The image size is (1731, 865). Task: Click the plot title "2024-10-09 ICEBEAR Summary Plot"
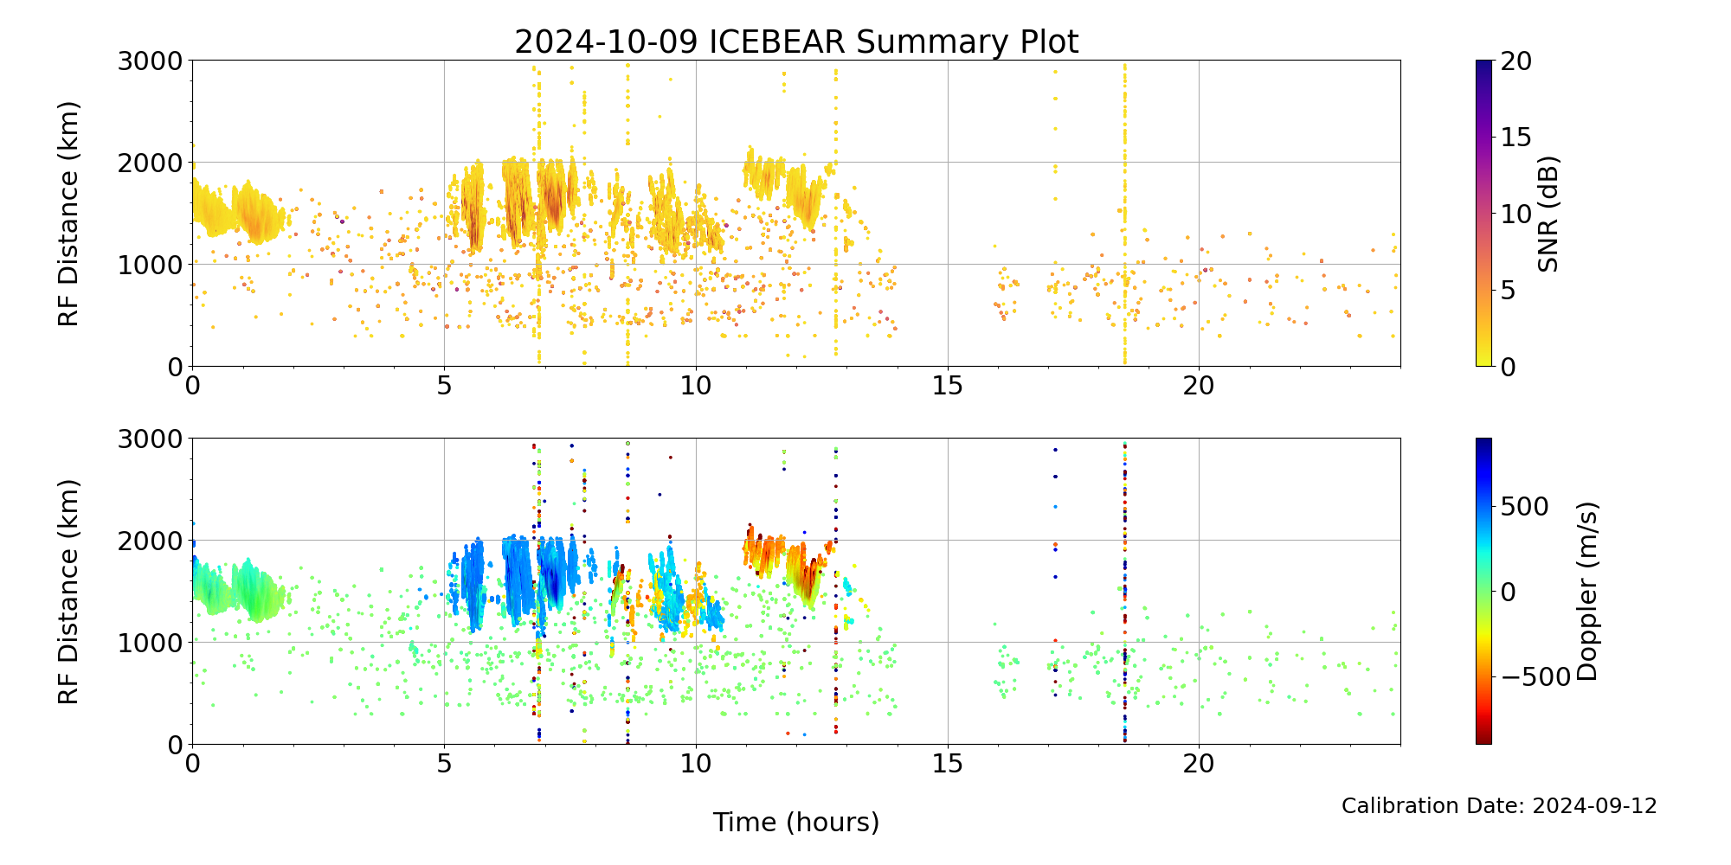point(796,42)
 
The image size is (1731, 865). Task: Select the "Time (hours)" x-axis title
point(796,822)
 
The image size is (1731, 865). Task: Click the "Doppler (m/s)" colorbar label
point(1587,591)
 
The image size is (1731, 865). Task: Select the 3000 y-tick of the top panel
point(151,61)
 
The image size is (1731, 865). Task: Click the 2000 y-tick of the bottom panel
point(151,541)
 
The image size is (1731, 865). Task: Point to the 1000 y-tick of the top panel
point(151,265)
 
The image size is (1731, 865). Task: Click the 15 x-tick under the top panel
point(948,385)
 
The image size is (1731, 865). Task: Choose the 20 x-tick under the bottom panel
point(1199,763)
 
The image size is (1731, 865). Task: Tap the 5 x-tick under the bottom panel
point(444,763)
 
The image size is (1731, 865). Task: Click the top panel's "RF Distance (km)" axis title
point(68,214)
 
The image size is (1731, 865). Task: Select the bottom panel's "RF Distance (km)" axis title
point(68,591)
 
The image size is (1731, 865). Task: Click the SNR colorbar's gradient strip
point(1483,214)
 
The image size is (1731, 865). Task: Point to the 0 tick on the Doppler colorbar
point(1508,592)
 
